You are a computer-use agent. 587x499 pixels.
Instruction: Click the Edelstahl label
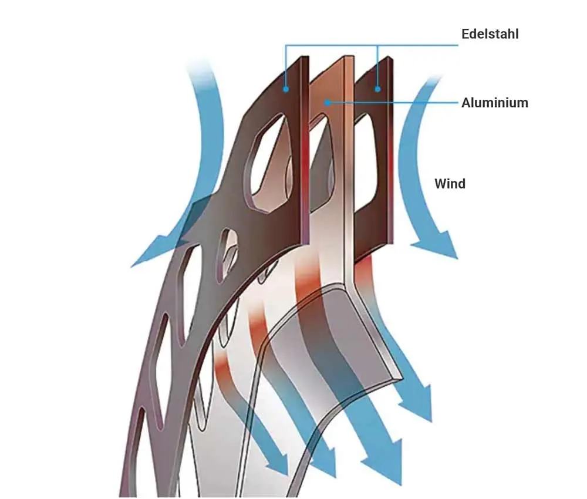pyautogui.click(x=490, y=33)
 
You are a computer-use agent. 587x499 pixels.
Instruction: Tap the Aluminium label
pyautogui.click(x=494, y=103)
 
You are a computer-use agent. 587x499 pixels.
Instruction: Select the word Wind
pyautogui.click(x=450, y=184)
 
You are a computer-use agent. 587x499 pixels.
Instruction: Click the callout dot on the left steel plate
pyautogui.click(x=286, y=89)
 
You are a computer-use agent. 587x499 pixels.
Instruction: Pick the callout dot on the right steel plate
pyautogui.click(x=377, y=89)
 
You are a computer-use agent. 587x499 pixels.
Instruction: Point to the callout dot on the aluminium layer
pyautogui.click(x=326, y=103)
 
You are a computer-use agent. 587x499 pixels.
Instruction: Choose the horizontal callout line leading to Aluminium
pyautogui.click(x=393, y=103)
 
